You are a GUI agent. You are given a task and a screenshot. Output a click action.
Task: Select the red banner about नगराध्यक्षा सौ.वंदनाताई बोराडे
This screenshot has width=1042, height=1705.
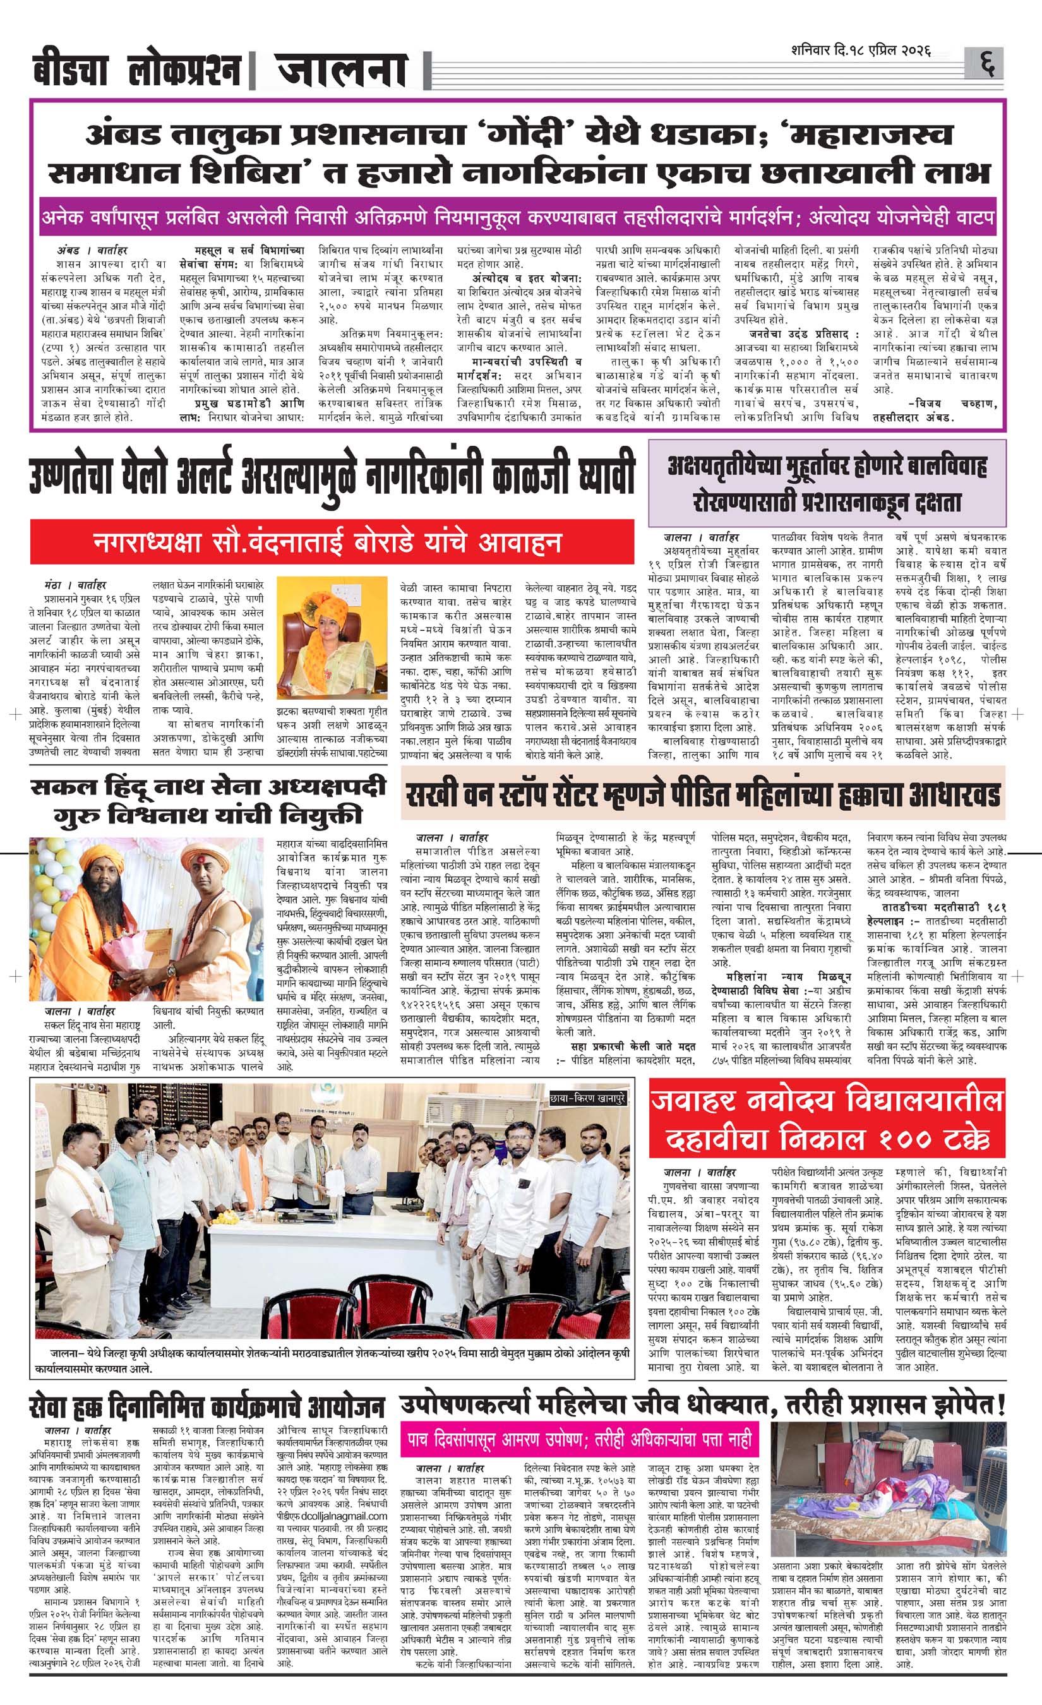point(332,541)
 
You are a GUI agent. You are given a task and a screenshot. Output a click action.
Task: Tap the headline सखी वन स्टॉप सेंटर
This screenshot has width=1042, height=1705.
point(702,796)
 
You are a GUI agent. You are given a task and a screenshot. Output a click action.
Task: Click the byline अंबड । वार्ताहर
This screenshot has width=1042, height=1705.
point(92,250)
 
